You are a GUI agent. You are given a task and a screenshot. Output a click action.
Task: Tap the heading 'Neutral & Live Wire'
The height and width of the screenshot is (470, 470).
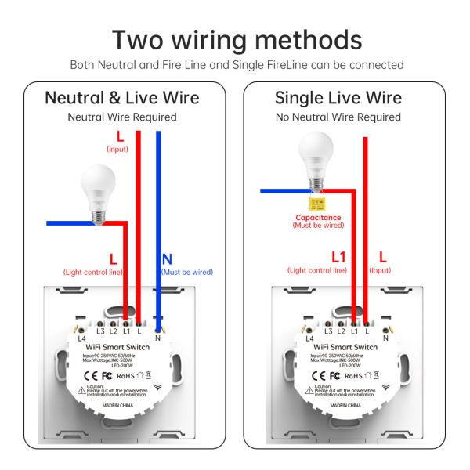[x=121, y=98]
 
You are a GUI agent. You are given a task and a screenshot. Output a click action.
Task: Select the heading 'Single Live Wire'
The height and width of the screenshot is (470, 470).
[x=338, y=98]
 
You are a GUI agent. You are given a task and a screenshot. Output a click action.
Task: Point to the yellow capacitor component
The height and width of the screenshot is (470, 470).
[x=318, y=204]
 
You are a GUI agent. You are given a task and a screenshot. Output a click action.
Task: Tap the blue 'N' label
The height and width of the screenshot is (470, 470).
[x=167, y=258]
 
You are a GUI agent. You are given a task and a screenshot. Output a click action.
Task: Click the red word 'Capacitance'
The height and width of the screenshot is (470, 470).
[x=318, y=217]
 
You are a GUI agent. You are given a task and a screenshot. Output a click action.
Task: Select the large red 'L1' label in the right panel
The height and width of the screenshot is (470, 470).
[x=338, y=256]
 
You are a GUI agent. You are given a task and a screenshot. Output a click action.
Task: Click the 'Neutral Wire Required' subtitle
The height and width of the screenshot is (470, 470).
[x=121, y=117]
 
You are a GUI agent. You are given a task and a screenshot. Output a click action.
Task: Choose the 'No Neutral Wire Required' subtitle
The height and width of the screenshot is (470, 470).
[x=338, y=117]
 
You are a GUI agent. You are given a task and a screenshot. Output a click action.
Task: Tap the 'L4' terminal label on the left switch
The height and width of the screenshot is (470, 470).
[x=81, y=338]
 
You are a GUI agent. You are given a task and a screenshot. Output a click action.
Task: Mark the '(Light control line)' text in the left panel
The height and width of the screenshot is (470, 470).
[x=92, y=272]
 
